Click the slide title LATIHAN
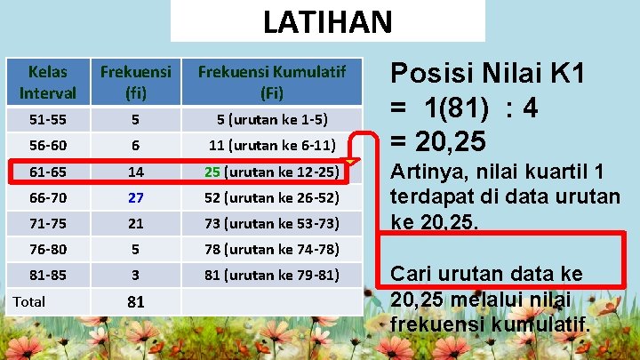click(x=326, y=20)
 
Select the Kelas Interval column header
click(x=47, y=81)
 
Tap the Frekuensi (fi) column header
click(x=135, y=81)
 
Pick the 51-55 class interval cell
click(x=47, y=119)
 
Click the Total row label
click(x=29, y=301)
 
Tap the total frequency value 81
click(x=135, y=302)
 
